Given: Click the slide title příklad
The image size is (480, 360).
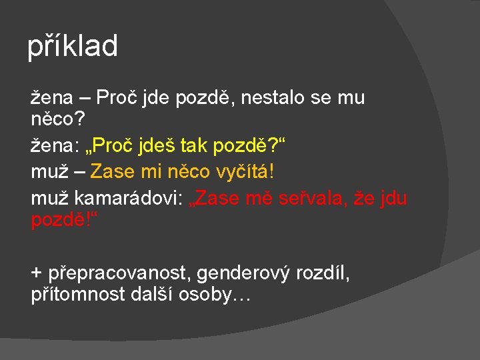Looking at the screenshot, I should click(73, 47).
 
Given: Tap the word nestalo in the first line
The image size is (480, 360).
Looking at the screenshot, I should click(274, 98).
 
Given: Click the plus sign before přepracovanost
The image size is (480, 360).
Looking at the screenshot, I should click(36, 272).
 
